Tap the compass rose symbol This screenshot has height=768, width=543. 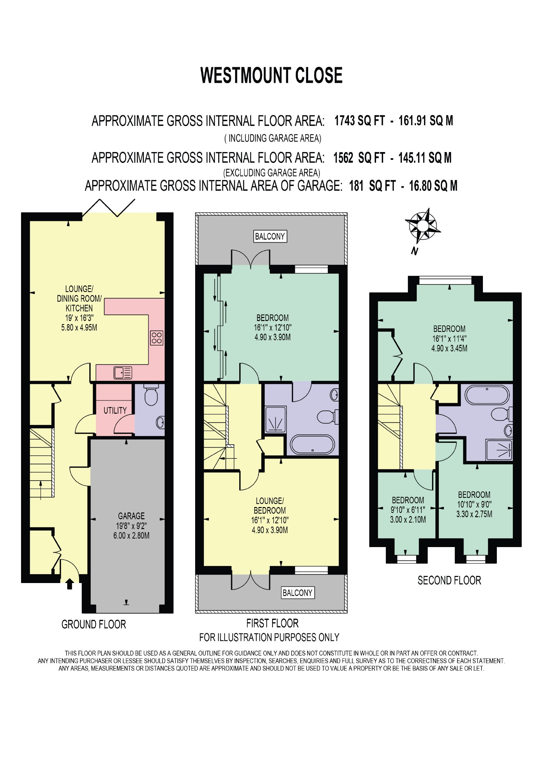[423, 226]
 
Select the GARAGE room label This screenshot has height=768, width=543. [131, 516]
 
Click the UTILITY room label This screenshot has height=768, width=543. [115, 410]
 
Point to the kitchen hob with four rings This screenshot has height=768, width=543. [157, 338]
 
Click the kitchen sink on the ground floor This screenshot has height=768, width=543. [123, 373]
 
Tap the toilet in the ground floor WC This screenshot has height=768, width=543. [151, 395]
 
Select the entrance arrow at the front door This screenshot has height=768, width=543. [70, 584]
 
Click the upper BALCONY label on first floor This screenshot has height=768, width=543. [270, 236]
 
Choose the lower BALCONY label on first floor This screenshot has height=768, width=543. [298, 593]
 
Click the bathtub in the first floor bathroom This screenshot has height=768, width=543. [313, 444]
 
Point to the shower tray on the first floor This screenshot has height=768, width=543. [276, 420]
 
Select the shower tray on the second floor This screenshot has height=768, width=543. [499, 450]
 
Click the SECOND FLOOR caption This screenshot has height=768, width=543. [449, 581]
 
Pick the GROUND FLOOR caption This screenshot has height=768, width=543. [94, 624]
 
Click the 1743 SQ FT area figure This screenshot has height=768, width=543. [360, 120]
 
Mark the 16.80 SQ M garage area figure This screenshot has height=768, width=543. [433, 186]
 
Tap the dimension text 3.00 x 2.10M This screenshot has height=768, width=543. [408, 520]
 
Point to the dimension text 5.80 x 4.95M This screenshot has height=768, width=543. [79, 327]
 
